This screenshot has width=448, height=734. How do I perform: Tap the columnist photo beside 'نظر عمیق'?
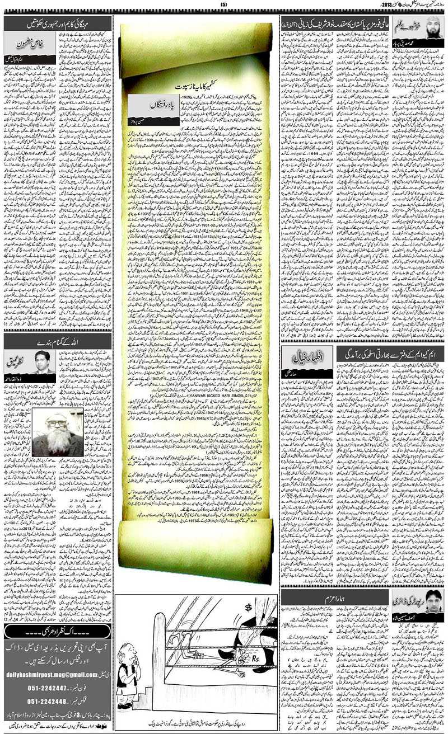tap(43, 361)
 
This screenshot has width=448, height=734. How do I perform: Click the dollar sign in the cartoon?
tap(246, 608)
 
